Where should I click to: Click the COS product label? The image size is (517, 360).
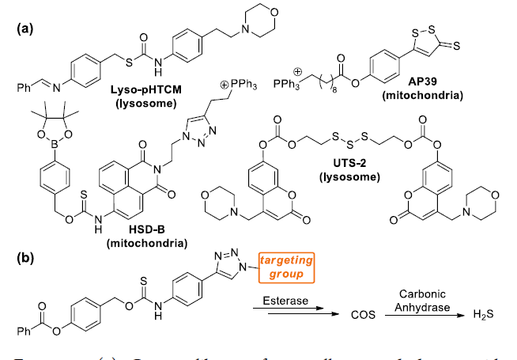363,315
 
